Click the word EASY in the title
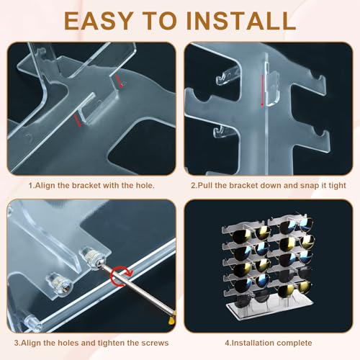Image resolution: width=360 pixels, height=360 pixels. pos(99,21)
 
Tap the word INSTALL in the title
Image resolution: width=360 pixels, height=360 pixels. pos(240,21)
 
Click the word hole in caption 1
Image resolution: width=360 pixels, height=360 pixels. pos(144,185)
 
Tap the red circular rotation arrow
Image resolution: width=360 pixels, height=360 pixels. pos(121,276)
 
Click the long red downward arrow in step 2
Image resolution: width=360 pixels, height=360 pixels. pos(263,90)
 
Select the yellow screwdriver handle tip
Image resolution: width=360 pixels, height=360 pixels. pos(172,319)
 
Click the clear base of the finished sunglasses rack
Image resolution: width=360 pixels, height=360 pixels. pos(270,310)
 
